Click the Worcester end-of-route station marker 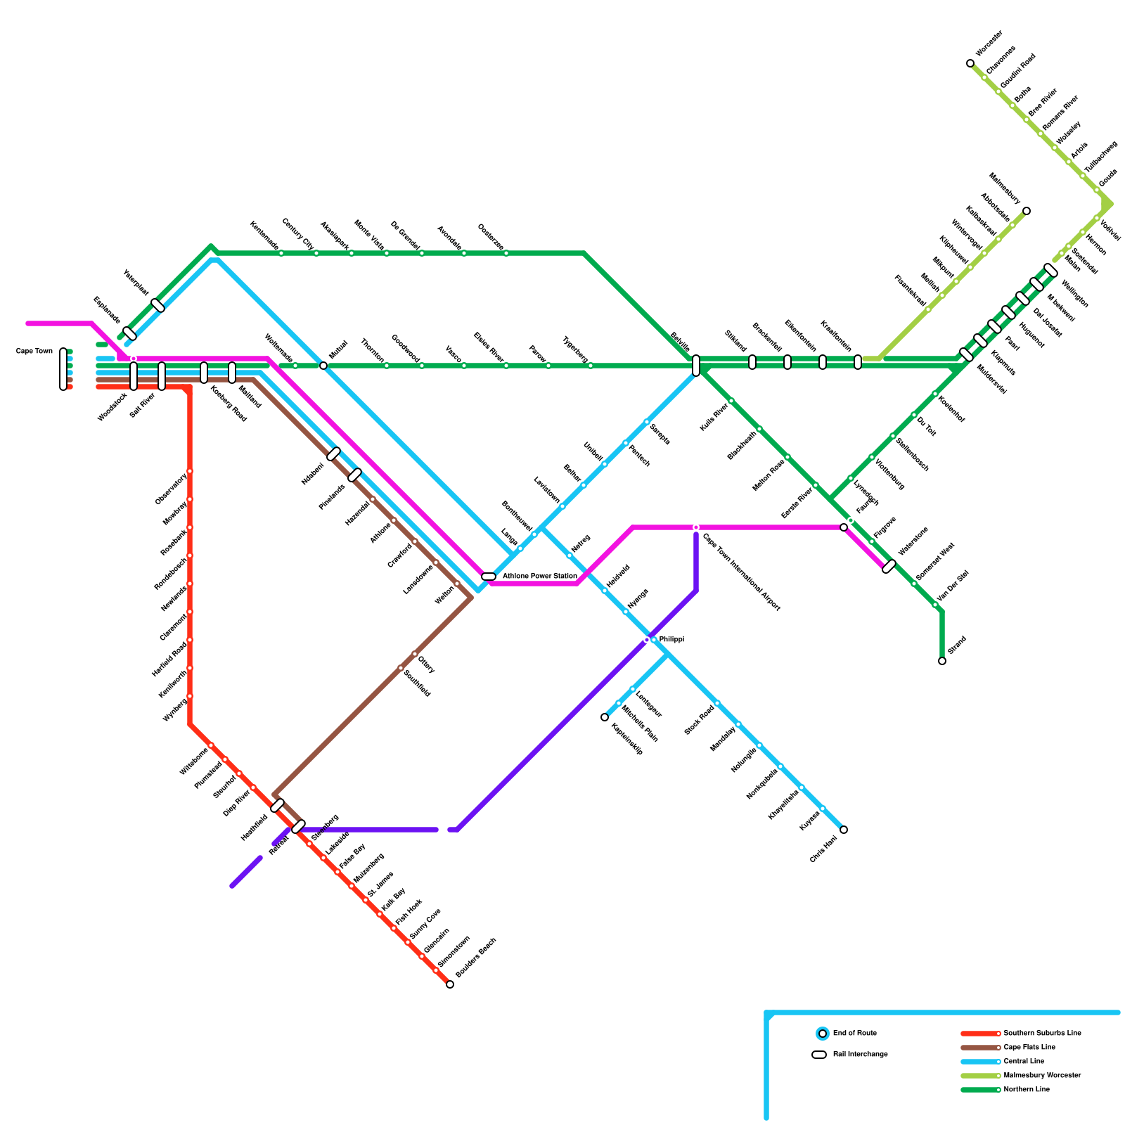pyautogui.click(x=970, y=63)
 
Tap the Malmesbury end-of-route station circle pyautogui.click(x=1027, y=211)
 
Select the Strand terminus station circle pyautogui.click(x=942, y=661)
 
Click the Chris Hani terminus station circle pyautogui.click(x=844, y=830)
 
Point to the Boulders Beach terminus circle pyautogui.click(x=450, y=984)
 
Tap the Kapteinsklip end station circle pyautogui.click(x=605, y=717)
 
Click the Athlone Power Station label pyautogui.click(x=539, y=577)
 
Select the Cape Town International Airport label pyautogui.click(x=741, y=572)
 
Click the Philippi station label pyautogui.click(x=671, y=640)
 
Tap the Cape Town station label pyautogui.click(x=34, y=352)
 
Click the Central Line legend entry pyautogui.click(x=1024, y=1062)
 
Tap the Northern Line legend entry pyautogui.click(x=1027, y=1090)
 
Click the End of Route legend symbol pyautogui.click(x=822, y=1034)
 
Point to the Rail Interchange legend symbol pyautogui.click(x=819, y=1055)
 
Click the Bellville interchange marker pyautogui.click(x=696, y=366)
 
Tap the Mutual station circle pyautogui.click(x=323, y=366)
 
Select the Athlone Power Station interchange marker pyautogui.click(x=489, y=577)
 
